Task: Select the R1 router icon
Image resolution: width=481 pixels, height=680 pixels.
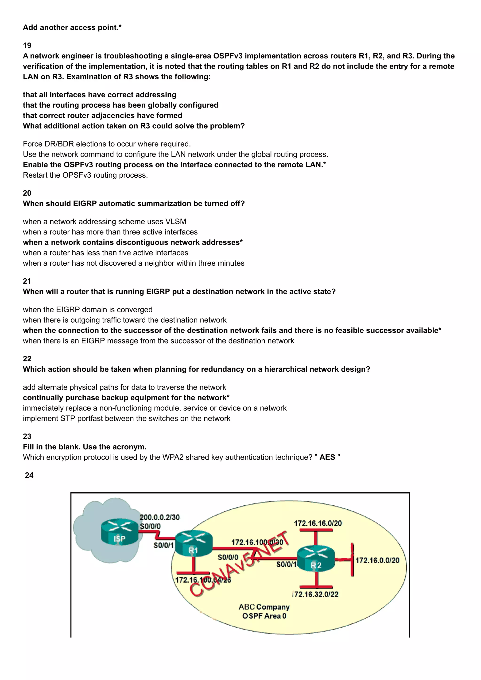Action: pyautogui.click(x=193, y=544)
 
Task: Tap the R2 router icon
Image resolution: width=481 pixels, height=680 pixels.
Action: pyautogui.click(x=316, y=559)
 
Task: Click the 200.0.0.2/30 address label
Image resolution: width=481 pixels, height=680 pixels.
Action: pyautogui.click(x=159, y=517)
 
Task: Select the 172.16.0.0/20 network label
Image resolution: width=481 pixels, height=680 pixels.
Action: pyautogui.click(x=377, y=560)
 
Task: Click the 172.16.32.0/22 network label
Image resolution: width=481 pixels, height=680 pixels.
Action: pyautogui.click(x=315, y=594)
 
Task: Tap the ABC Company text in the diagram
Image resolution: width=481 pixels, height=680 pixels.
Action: pyautogui.click(x=264, y=607)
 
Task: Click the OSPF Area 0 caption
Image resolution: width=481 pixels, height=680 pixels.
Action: pyautogui.click(x=264, y=616)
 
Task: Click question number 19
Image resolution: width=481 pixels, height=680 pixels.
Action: pyautogui.click(x=27, y=45)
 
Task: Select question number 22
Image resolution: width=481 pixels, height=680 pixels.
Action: pyautogui.click(x=27, y=359)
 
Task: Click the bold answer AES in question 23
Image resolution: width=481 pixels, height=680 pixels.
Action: pyautogui.click(x=327, y=457)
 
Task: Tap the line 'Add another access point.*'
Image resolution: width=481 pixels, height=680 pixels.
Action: pyautogui.click(x=72, y=27)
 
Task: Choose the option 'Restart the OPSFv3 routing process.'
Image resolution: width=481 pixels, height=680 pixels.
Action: pyautogui.click(x=85, y=175)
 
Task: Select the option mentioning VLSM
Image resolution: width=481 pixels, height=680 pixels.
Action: pyautogui.click(x=104, y=222)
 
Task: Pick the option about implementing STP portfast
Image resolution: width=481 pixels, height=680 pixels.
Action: pyautogui.click(x=126, y=418)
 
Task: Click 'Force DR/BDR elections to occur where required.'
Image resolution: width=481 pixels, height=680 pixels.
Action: pyautogui.click(x=107, y=144)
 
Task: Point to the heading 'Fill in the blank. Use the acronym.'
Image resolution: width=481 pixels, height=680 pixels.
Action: pyautogui.click(x=85, y=447)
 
